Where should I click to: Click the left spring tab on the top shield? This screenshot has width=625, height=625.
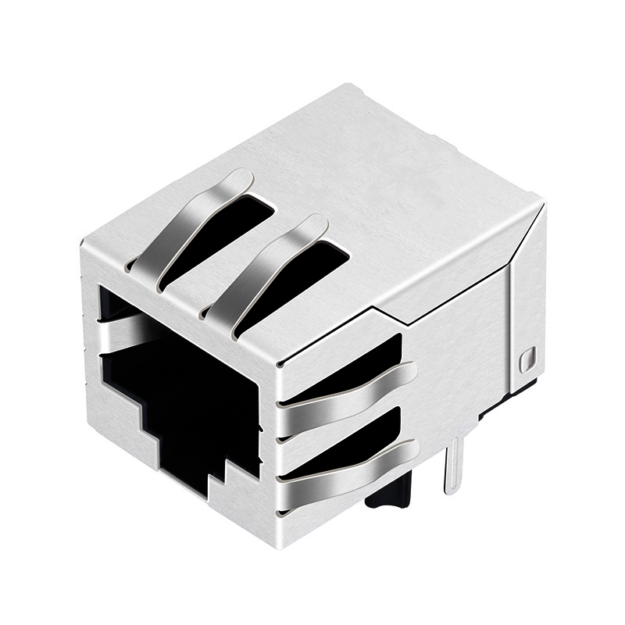[191, 227]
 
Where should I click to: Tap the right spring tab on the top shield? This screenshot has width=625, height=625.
[270, 266]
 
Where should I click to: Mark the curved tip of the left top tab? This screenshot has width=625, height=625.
[238, 180]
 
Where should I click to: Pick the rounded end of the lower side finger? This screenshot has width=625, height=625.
[408, 449]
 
